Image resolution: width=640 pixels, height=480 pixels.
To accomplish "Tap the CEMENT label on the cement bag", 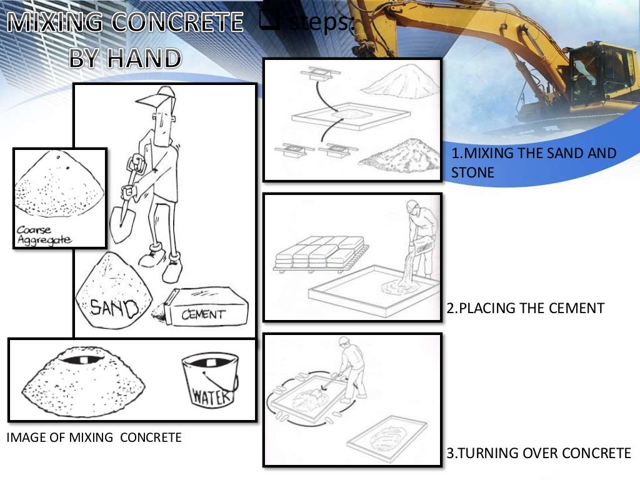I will pos(204,314).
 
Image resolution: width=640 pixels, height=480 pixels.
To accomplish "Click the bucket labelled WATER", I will pos(210,381).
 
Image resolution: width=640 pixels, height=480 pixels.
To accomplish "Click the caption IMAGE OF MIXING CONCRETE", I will pos(94,437).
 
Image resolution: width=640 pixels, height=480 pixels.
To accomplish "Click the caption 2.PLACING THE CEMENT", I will pos(526,308).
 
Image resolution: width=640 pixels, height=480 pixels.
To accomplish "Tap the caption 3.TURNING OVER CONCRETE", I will pos(539,453).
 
